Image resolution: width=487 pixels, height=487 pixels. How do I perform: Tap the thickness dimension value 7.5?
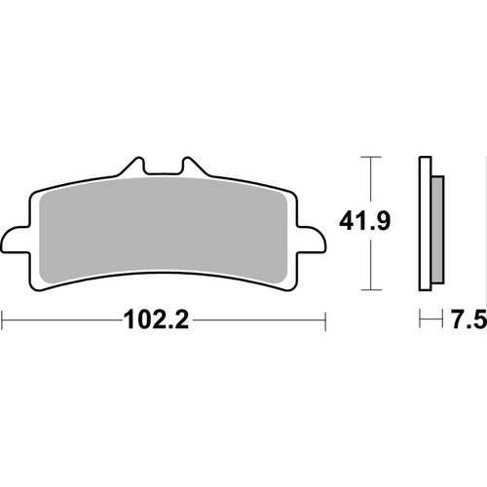click(x=467, y=319)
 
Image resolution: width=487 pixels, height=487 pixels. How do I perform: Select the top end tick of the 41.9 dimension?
click(x=367, y=156)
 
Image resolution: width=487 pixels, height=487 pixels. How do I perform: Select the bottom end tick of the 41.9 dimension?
click(x=367, y=290)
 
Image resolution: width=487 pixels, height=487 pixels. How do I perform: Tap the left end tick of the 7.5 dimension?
click(x=420, y=319)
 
